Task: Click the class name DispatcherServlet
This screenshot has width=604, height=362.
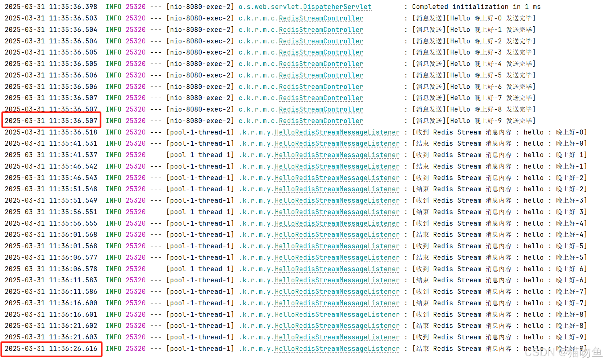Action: pyautogui.click(x=337, y=7)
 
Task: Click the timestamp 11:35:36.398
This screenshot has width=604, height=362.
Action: pyautogui.click(x=73, y=7)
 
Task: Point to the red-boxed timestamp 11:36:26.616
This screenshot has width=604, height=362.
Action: pyautogui.click(x=73, y=349)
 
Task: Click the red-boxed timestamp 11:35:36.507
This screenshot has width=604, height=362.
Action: pyautogui.click(x=73, y=121)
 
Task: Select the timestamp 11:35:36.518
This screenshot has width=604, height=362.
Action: pyautogui.click(x=73, y=132)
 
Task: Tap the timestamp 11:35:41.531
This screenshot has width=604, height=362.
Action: pyautogui.click(x=73, y=143)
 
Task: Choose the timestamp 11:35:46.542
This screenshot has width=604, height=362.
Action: pyautogui.click(x=73, y=166)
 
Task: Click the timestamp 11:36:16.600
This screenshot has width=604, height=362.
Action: pyautogui.click(x=73, y=303)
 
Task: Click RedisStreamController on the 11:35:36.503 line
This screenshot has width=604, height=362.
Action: pyautogui.click(x=321, y=18)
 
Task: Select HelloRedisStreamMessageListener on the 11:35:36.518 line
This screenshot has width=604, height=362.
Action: pyautogui.click(x=337, y=132)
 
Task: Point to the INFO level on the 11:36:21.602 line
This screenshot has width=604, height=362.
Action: pyautogui.click(x=113, y=326)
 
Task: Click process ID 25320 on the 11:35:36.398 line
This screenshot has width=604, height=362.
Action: pyautogui.click(x=136, y=7)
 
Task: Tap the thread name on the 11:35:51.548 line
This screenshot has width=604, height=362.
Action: pyautogui.click(x=200, y=189)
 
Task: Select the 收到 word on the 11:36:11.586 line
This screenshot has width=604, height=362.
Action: pyautogui.click(x=422, y=292)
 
